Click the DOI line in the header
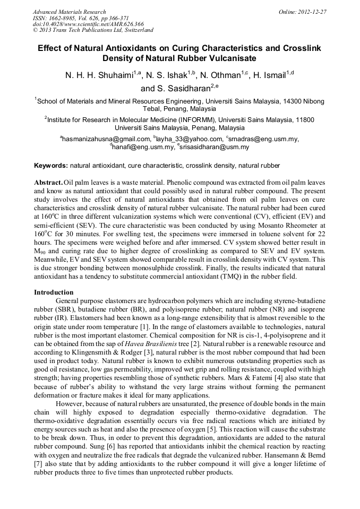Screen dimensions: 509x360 88,24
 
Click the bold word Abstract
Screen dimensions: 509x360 48,182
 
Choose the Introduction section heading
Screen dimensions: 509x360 54,292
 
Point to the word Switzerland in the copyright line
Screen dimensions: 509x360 135,30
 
